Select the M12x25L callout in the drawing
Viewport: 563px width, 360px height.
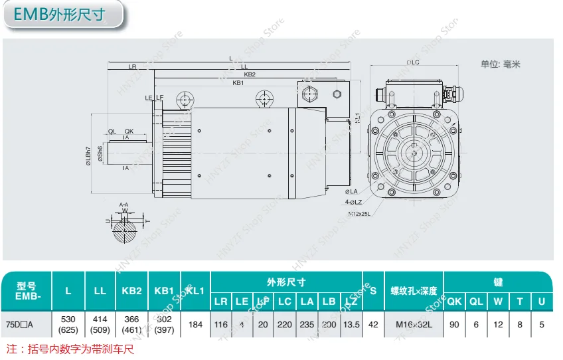(x=359, y=214)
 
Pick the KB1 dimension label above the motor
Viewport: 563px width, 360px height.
(x=238, y=84)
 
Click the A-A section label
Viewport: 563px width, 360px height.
(x=123, y=205)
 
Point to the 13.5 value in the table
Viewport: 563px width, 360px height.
(x=352, y=325)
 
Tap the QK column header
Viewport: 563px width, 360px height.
(x=454, y=302)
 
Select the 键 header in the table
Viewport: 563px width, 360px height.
(x=497, y=282)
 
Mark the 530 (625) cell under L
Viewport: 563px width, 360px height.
(x=68, y=325)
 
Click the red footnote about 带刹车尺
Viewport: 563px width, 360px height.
(x=70, y=349)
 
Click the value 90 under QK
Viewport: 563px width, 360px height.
(x=454, y=325)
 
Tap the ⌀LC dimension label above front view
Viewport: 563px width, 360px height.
(x=412, y=62)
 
